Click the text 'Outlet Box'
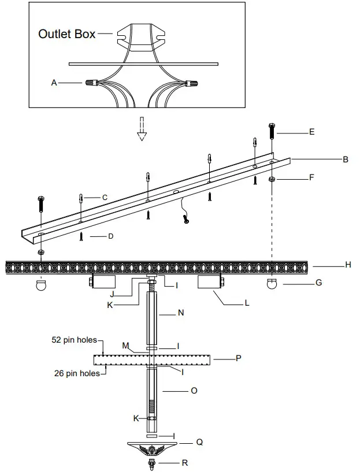click(x=67, y=34)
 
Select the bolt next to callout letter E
click(x=272, y=132)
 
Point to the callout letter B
click(x=345, y=159)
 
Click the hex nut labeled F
click(x=272, y=180)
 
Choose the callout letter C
click(x=105, y=197)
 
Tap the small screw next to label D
click(x=81, y=236)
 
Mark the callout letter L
click(x=247, y=302)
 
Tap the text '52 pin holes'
click(x=73, y=340)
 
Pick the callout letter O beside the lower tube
click(x=194, y=391)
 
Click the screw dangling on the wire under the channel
click(x=185, y=219)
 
